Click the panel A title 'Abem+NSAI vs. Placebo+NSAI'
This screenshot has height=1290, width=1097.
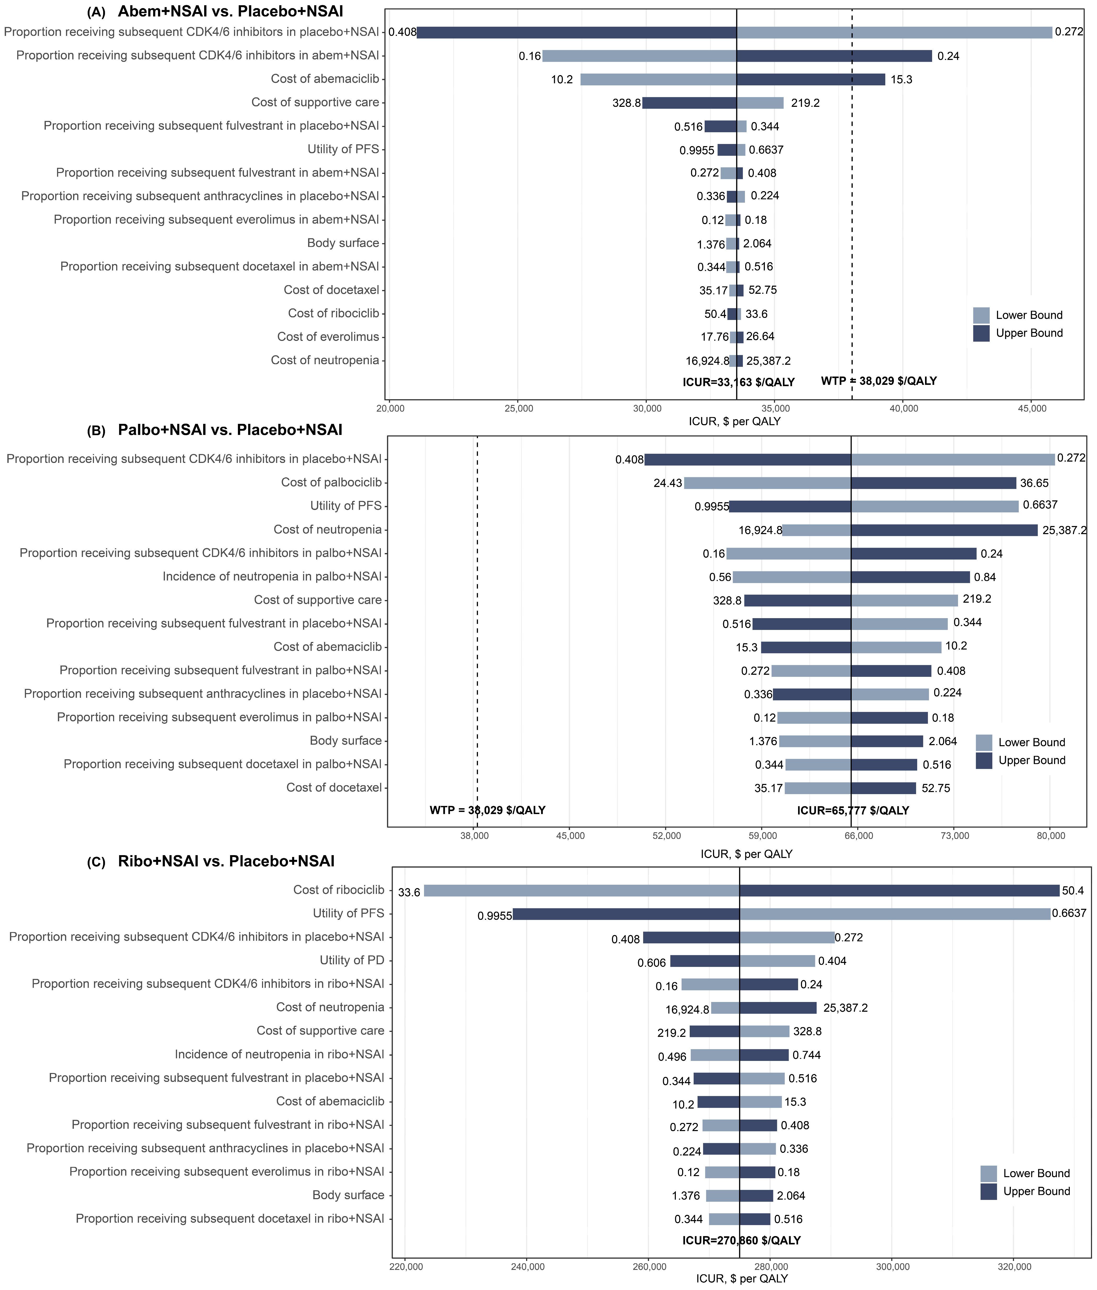click(230, 11)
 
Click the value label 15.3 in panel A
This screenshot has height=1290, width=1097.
click(901, 80)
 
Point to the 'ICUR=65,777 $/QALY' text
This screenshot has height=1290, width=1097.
click(853, 810)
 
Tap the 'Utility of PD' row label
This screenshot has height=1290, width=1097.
click(351, 960)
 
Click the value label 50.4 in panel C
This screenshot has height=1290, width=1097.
click(1073, 891)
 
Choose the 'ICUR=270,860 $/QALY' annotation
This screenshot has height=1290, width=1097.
click(741, 1240)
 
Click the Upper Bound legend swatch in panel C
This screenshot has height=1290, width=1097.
click(988, 1191)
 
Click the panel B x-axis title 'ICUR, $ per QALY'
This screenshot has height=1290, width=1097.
click(746, 854)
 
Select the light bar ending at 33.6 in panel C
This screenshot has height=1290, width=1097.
click(581, 891)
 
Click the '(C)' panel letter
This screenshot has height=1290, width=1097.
click(96, 862)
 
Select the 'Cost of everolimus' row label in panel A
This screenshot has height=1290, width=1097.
click(328, 336)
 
